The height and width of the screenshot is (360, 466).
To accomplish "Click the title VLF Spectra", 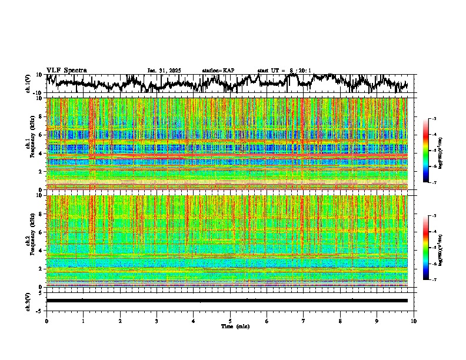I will click(x=66, y=70).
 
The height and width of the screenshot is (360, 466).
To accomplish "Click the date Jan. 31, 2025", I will click(x=164, y=71).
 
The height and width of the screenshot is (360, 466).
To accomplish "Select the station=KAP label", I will click(x=218, y=71).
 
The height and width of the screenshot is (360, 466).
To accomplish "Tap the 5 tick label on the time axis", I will click(x=230, y=321).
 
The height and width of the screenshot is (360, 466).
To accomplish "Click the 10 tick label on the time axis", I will click(x=414, y=321).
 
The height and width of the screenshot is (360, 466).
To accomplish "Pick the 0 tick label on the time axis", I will click(x=46, y=321).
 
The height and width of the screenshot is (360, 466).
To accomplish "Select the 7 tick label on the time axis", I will click(x=304, y=321).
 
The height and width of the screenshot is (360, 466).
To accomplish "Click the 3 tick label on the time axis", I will click(x=157, y=321).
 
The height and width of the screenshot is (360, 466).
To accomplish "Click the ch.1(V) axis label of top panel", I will click(x=28, y=84).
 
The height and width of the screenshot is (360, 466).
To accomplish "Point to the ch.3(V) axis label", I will click(x=28, y=300).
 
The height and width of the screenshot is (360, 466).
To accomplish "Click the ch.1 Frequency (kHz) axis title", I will click(x=31, y=144).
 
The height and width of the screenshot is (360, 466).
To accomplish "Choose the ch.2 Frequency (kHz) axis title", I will click(x=31, y=241).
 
